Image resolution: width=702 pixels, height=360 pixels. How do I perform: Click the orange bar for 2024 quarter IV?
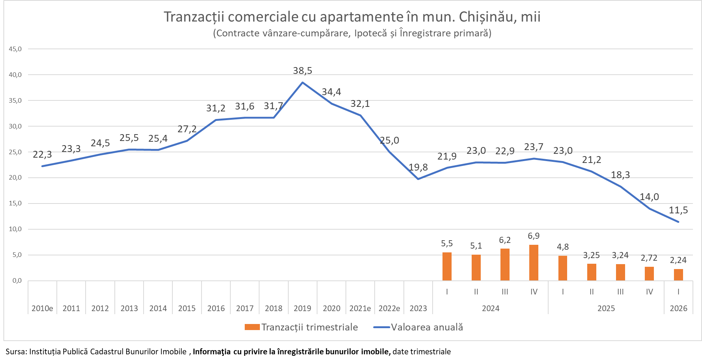point(533,263)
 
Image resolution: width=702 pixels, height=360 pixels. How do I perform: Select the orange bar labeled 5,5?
point(447,266)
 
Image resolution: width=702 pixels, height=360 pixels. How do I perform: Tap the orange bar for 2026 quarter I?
point(678,275)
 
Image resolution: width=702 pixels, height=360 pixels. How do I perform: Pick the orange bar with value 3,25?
point(591,272)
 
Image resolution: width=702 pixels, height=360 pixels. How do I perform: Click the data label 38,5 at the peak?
point(302,70)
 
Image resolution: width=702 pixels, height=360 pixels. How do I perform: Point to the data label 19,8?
point(418,167)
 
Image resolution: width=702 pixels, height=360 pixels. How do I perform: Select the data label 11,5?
point(678,210)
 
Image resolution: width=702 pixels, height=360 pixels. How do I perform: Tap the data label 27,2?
point(187,129)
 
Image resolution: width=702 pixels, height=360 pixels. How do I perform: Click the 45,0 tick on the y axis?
point(16,49)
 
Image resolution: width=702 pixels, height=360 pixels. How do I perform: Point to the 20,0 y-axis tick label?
point(16,177)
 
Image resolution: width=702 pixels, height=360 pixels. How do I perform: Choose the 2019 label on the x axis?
point(302,308)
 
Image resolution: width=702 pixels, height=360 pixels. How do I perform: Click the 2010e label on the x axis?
point(42,308)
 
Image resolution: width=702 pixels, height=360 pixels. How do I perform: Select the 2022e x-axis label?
point(389,308)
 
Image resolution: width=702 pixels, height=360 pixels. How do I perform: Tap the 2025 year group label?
point(606,308)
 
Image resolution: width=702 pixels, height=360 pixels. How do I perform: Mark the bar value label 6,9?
point(533,236)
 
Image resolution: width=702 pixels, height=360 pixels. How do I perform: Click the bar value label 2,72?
point(649,258)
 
